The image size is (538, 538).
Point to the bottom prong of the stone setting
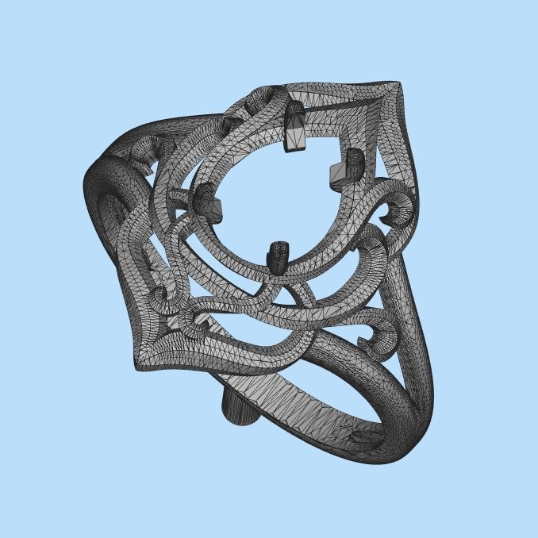coord(279,256)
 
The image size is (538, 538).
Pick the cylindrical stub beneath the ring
coord(237,408)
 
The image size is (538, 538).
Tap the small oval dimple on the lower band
coord(361,436)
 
